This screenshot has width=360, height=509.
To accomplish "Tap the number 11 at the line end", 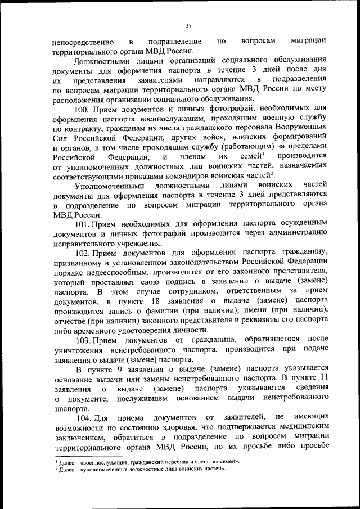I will pyautogui.click(x=322, y=378).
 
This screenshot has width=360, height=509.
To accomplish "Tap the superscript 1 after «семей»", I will pyautogui.click(x=263, y=153).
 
